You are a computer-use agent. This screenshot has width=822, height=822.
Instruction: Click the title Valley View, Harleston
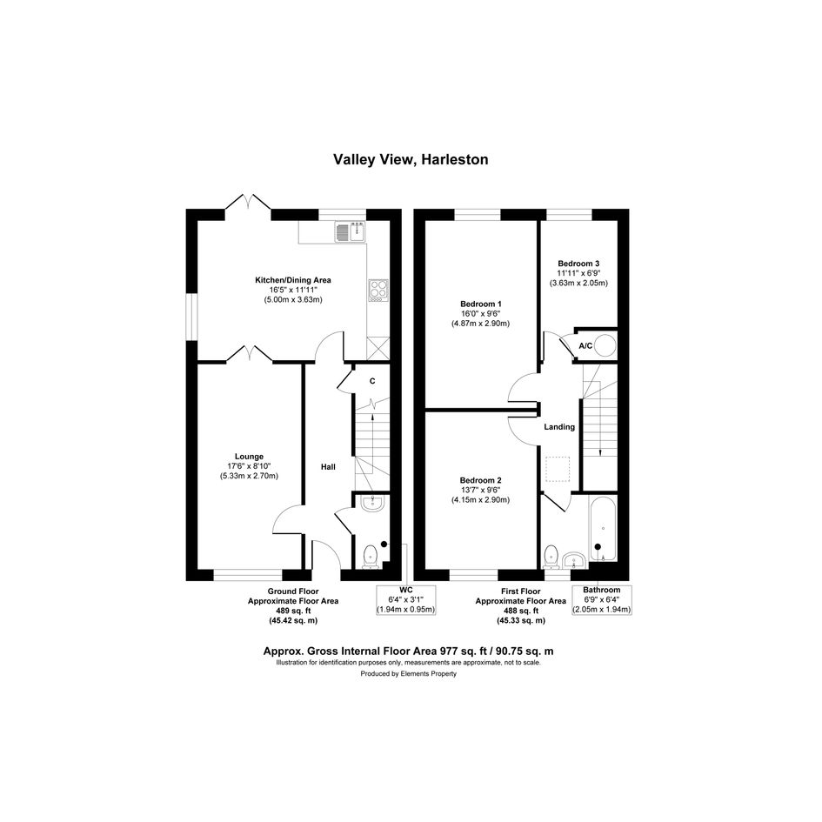[x=411, y=159]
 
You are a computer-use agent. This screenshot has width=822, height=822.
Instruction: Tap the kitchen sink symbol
[x=351, y=231]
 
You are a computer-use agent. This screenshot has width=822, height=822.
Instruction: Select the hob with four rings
[x=378, y=290]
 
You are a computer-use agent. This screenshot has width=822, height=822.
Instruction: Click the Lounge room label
[x=249, y=457]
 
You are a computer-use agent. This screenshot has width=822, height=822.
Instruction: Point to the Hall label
[x=328, y=466]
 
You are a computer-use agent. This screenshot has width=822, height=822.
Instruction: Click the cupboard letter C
[x=372, y=381]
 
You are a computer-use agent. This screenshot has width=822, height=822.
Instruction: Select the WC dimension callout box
[x=406, y=600]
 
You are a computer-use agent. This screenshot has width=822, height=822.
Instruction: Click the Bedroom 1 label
[x=481, y=304]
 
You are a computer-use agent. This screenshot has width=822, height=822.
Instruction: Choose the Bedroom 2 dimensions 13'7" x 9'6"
[x=481, y=491]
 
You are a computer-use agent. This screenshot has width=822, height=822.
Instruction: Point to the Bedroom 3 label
[x=578, y=264]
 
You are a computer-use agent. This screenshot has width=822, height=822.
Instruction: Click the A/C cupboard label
[x=585, y=346]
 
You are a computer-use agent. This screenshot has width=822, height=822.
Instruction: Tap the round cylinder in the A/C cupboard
[x=606, y=346]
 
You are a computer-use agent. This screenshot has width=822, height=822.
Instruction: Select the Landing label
[x=559, y=427]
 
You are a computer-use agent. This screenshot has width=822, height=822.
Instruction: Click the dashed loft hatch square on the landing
[x=558, y=469]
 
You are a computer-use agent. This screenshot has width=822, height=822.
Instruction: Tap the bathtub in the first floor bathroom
[x=603, y=529]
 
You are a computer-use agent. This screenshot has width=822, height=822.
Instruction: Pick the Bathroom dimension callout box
[x=602, y=599]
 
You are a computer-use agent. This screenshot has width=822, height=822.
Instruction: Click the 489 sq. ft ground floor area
[x=293, y=611]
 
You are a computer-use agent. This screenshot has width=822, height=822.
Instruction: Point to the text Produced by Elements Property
[x=408, y=673]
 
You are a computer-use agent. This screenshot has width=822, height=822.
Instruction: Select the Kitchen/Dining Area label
[x=293, y=280]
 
